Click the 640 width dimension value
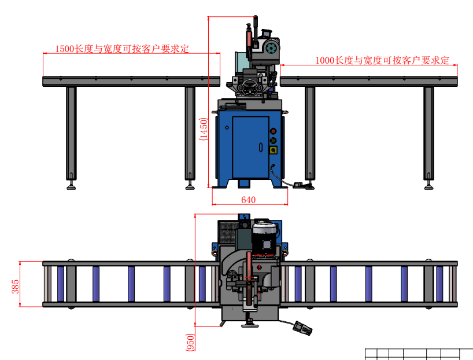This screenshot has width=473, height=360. tap(248, 200)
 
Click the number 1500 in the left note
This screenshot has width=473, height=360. tap(65, 49)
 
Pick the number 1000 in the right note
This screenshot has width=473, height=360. tap(326, 60)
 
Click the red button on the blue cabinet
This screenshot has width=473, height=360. tap(273, 131)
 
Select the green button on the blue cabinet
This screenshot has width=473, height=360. tap(273, 140)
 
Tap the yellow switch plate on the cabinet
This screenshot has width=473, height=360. tap(273, 150)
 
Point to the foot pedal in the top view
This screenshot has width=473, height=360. tap(302, 328)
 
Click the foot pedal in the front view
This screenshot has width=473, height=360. tap(300, 185)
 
